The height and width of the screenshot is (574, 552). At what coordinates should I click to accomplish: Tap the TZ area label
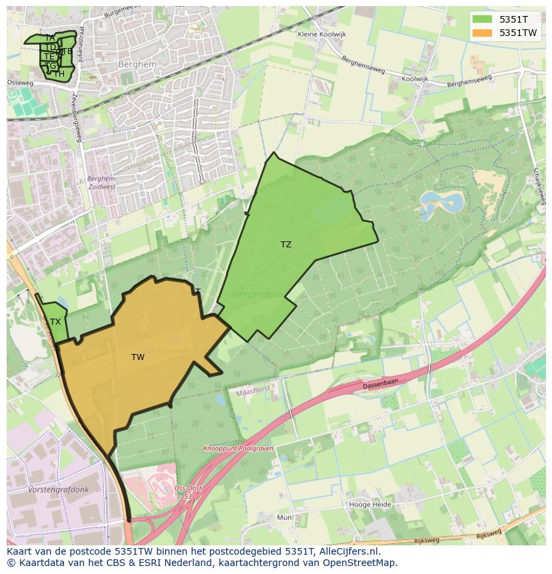coord(286,245)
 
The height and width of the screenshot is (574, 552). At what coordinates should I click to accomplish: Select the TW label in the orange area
coord(138,357)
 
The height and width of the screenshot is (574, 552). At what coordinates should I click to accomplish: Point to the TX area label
coord(55,322)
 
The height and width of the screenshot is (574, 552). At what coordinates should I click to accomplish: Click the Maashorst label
coord(253,393)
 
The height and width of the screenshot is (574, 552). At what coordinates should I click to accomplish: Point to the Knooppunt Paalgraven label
coord(239,449)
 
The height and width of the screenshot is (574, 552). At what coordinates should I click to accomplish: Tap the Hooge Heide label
coord(370,505)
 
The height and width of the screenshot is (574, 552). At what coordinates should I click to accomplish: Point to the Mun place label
coord(285,517)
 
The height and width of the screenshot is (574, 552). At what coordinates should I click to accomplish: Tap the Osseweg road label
coord(20,83)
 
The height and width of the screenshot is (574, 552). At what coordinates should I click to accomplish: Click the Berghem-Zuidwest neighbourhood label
coord(101,183)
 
